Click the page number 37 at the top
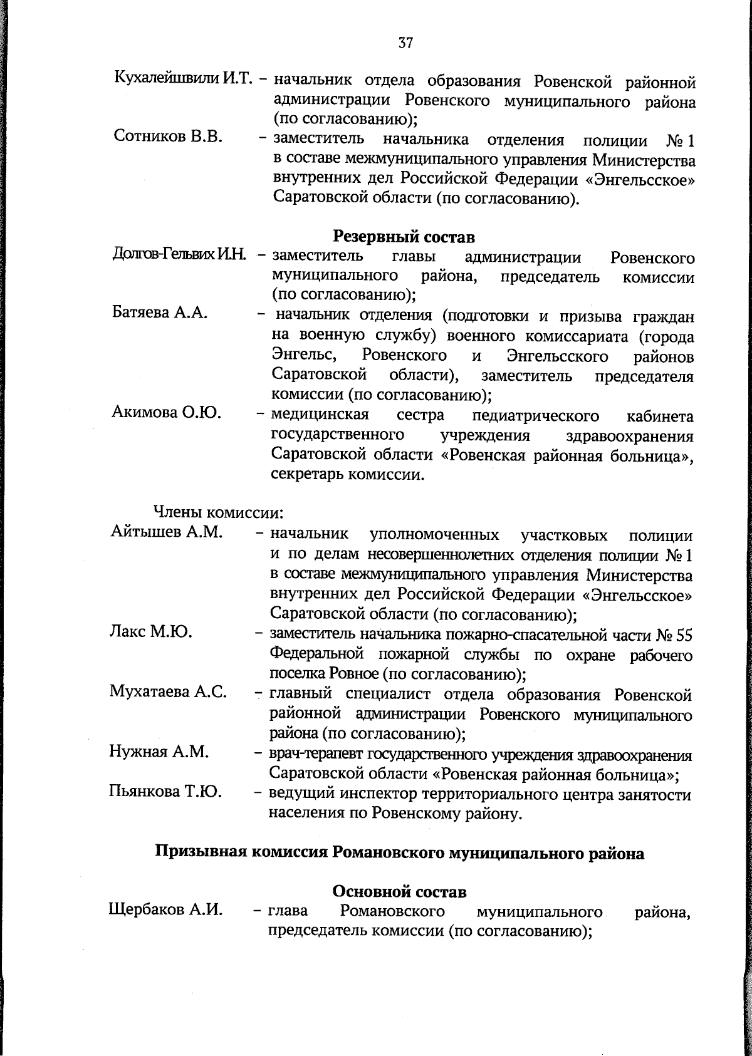(404, 43)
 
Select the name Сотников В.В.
(168, 137)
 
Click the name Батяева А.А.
(160, 313)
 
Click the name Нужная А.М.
(159, 751)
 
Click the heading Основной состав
(399, 891)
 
